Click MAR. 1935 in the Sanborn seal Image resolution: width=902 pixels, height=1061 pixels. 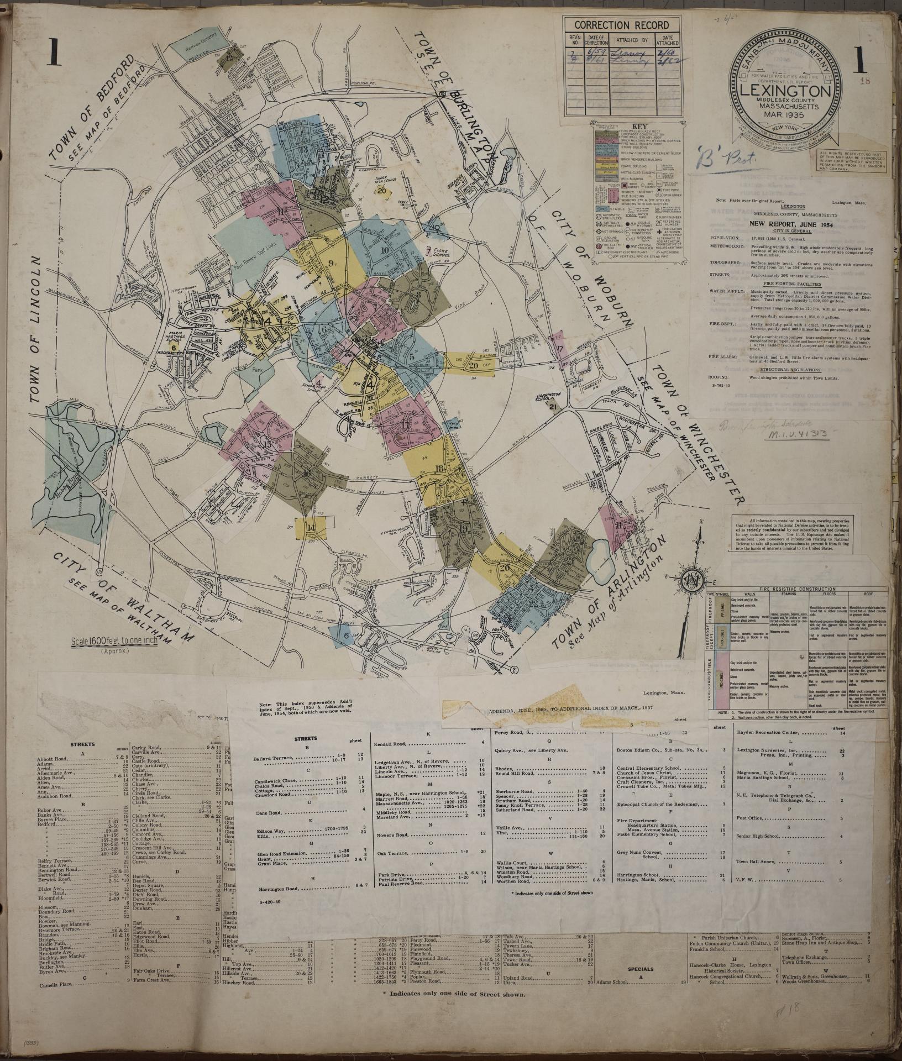coord(784,115)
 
